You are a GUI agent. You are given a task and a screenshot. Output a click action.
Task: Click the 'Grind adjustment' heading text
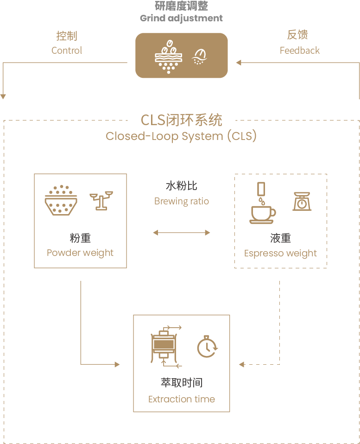tap(181, 19)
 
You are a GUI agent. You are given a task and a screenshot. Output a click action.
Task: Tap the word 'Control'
tap(67, 51)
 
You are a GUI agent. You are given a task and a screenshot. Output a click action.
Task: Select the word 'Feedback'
tap(299, 51)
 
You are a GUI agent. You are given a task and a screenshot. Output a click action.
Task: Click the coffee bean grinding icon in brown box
tap(167, 56)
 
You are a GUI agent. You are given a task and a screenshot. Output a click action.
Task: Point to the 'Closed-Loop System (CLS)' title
tap(181, 136)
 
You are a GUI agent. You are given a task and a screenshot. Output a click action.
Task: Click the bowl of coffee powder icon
tap(61, 199)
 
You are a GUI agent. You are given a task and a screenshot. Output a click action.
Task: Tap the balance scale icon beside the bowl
tap(101, 200)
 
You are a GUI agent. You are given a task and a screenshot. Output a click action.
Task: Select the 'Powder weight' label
tap(80, 253)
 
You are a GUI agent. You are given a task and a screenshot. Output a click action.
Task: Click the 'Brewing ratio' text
tap(181, 202)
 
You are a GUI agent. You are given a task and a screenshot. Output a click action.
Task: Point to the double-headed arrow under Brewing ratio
tap(181, 232)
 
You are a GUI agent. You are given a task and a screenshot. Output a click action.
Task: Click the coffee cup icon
tap(262, 204)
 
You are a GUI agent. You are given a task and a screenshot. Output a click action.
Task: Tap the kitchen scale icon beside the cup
tap(302, 201)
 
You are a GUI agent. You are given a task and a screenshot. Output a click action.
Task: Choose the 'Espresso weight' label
tap(280, 254)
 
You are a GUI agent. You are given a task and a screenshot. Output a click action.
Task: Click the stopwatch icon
tap(207, 346)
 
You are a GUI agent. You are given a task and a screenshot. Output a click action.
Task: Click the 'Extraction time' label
tap(181, 399)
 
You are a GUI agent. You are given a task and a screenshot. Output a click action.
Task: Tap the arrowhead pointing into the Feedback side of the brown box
tap(238, 63)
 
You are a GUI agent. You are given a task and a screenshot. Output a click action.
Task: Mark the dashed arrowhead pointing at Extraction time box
tap(241, 364)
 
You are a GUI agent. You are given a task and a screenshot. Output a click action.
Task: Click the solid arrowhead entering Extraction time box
tap(117, 364)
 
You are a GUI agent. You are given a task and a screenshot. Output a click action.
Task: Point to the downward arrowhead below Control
tap(3, 96)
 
